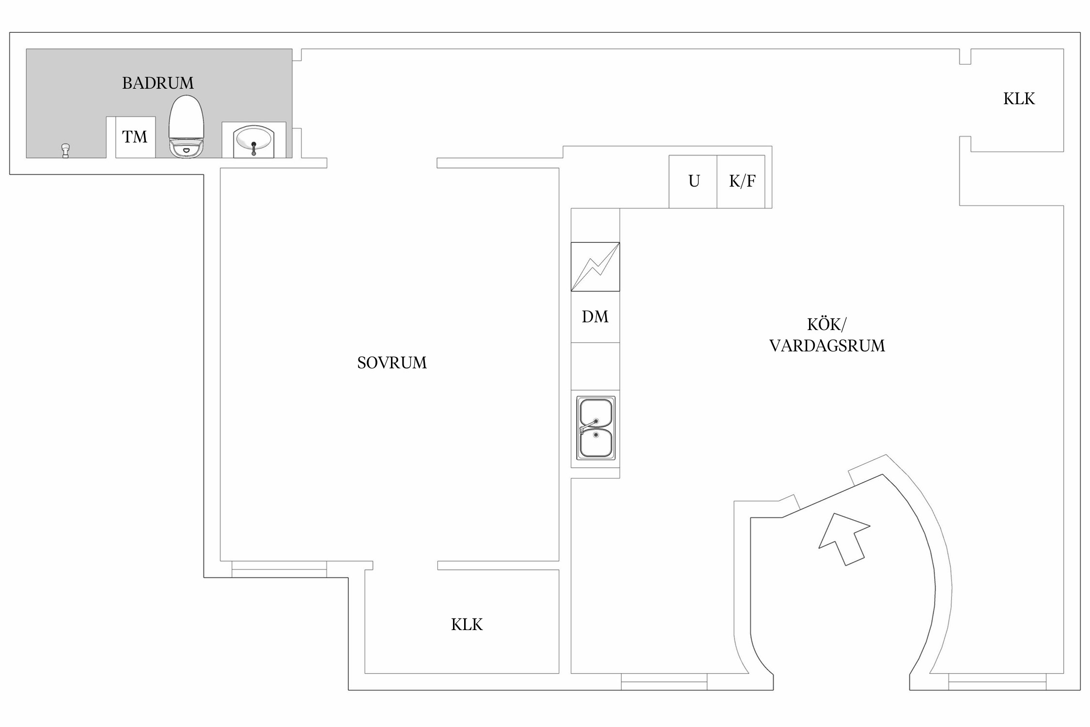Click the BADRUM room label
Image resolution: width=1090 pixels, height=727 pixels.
point(158,83)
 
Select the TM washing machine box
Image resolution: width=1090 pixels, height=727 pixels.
point(135,137)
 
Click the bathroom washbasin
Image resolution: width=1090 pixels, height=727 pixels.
point(253,141)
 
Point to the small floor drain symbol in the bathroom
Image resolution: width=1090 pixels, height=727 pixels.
point(65,150)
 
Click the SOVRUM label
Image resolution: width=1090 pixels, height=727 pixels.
point(392,363)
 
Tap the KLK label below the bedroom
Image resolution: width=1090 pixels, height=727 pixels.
point(467,625)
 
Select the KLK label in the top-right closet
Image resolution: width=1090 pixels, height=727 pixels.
point(1019,99)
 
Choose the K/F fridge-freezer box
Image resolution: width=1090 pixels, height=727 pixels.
point(741,182)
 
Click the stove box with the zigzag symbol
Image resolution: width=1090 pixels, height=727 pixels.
point(595,267)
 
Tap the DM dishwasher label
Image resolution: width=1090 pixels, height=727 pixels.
point(595,317)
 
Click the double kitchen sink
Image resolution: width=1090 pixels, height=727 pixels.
point(596,427)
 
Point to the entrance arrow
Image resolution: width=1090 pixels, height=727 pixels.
point(844,539)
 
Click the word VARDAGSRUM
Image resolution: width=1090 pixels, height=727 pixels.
point(827,346)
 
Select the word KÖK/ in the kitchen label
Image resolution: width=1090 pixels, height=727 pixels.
point(827,324)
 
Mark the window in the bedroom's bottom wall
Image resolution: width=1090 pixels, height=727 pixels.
point(279,569)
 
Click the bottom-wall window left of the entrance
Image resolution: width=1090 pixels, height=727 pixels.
point(664,681)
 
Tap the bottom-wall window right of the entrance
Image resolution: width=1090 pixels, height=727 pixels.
point(997,681)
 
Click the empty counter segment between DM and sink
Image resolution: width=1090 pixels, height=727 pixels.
point(595,366)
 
